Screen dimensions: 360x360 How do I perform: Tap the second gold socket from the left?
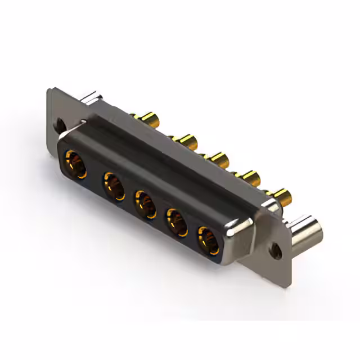click(114, 186)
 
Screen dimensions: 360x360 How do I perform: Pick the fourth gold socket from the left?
click(177, 222)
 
